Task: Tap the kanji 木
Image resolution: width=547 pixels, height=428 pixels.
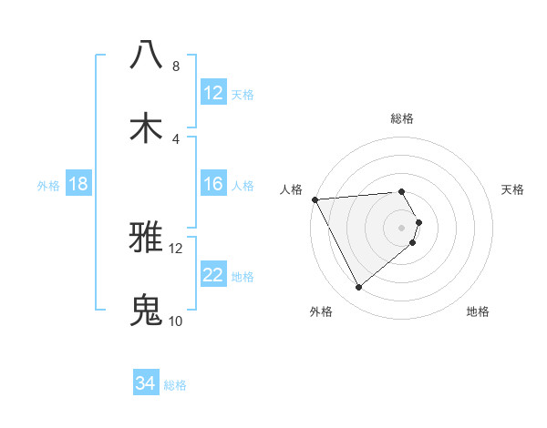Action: (x=146, y=127)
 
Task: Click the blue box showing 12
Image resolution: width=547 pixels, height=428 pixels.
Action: (x=212, y=93)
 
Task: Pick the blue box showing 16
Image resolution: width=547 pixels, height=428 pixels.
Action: (x=212, y=185)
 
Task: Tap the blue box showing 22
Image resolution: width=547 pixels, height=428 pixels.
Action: (x=212, y=276)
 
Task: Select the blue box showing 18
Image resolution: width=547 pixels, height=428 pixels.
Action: (x=78, y=185)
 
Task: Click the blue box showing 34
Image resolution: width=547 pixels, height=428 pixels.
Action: (x=146, y=384)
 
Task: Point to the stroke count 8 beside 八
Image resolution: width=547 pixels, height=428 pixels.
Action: (x=175, y=66)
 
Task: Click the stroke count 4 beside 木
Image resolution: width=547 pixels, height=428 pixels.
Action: (x=175, y=139)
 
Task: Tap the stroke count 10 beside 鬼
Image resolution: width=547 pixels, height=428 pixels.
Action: (x=175, y=321)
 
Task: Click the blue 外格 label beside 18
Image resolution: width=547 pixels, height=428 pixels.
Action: (x=48, y=186)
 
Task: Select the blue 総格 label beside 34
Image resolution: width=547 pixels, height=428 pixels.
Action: (x=175, y=385)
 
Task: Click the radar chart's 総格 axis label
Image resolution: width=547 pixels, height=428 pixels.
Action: (x=402, y=118)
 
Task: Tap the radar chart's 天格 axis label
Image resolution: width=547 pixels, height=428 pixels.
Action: (x=513, y=189)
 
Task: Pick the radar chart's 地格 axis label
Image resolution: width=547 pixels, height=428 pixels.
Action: (x=478, y=312)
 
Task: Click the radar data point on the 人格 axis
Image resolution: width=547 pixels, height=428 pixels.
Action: (x=315, y=199)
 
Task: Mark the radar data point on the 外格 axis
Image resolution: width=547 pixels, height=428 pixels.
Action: (x=358, y=288)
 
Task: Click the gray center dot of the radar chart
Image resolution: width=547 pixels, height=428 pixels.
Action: (x=402, y=227)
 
